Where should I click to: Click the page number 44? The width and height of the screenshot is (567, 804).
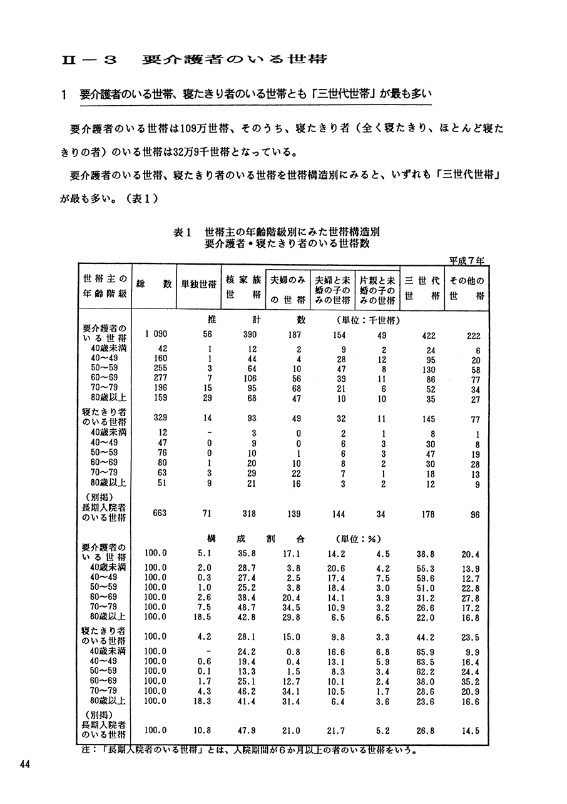(x=25, y=764)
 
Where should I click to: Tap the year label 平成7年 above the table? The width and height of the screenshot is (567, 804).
(x=471, y=260)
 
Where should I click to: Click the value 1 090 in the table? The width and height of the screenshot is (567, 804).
(x=154, y=335)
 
